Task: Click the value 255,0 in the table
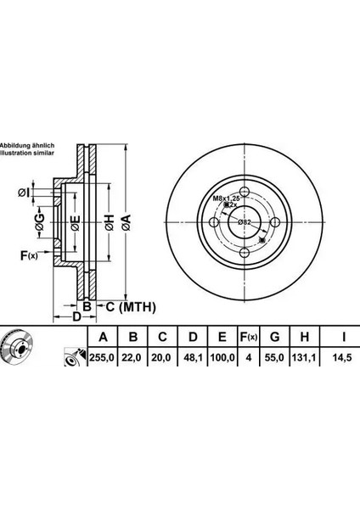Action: click(102, 358)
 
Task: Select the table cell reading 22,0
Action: click(132, 358)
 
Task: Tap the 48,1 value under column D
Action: click(193, 358)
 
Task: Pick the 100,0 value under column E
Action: click(222, 358)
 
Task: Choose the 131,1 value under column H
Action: click(305, 358)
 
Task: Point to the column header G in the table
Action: click(275, 337)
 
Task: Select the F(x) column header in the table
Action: click(249, 338)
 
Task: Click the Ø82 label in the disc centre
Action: click(244, 222)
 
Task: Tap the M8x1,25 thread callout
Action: click(226, 198)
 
